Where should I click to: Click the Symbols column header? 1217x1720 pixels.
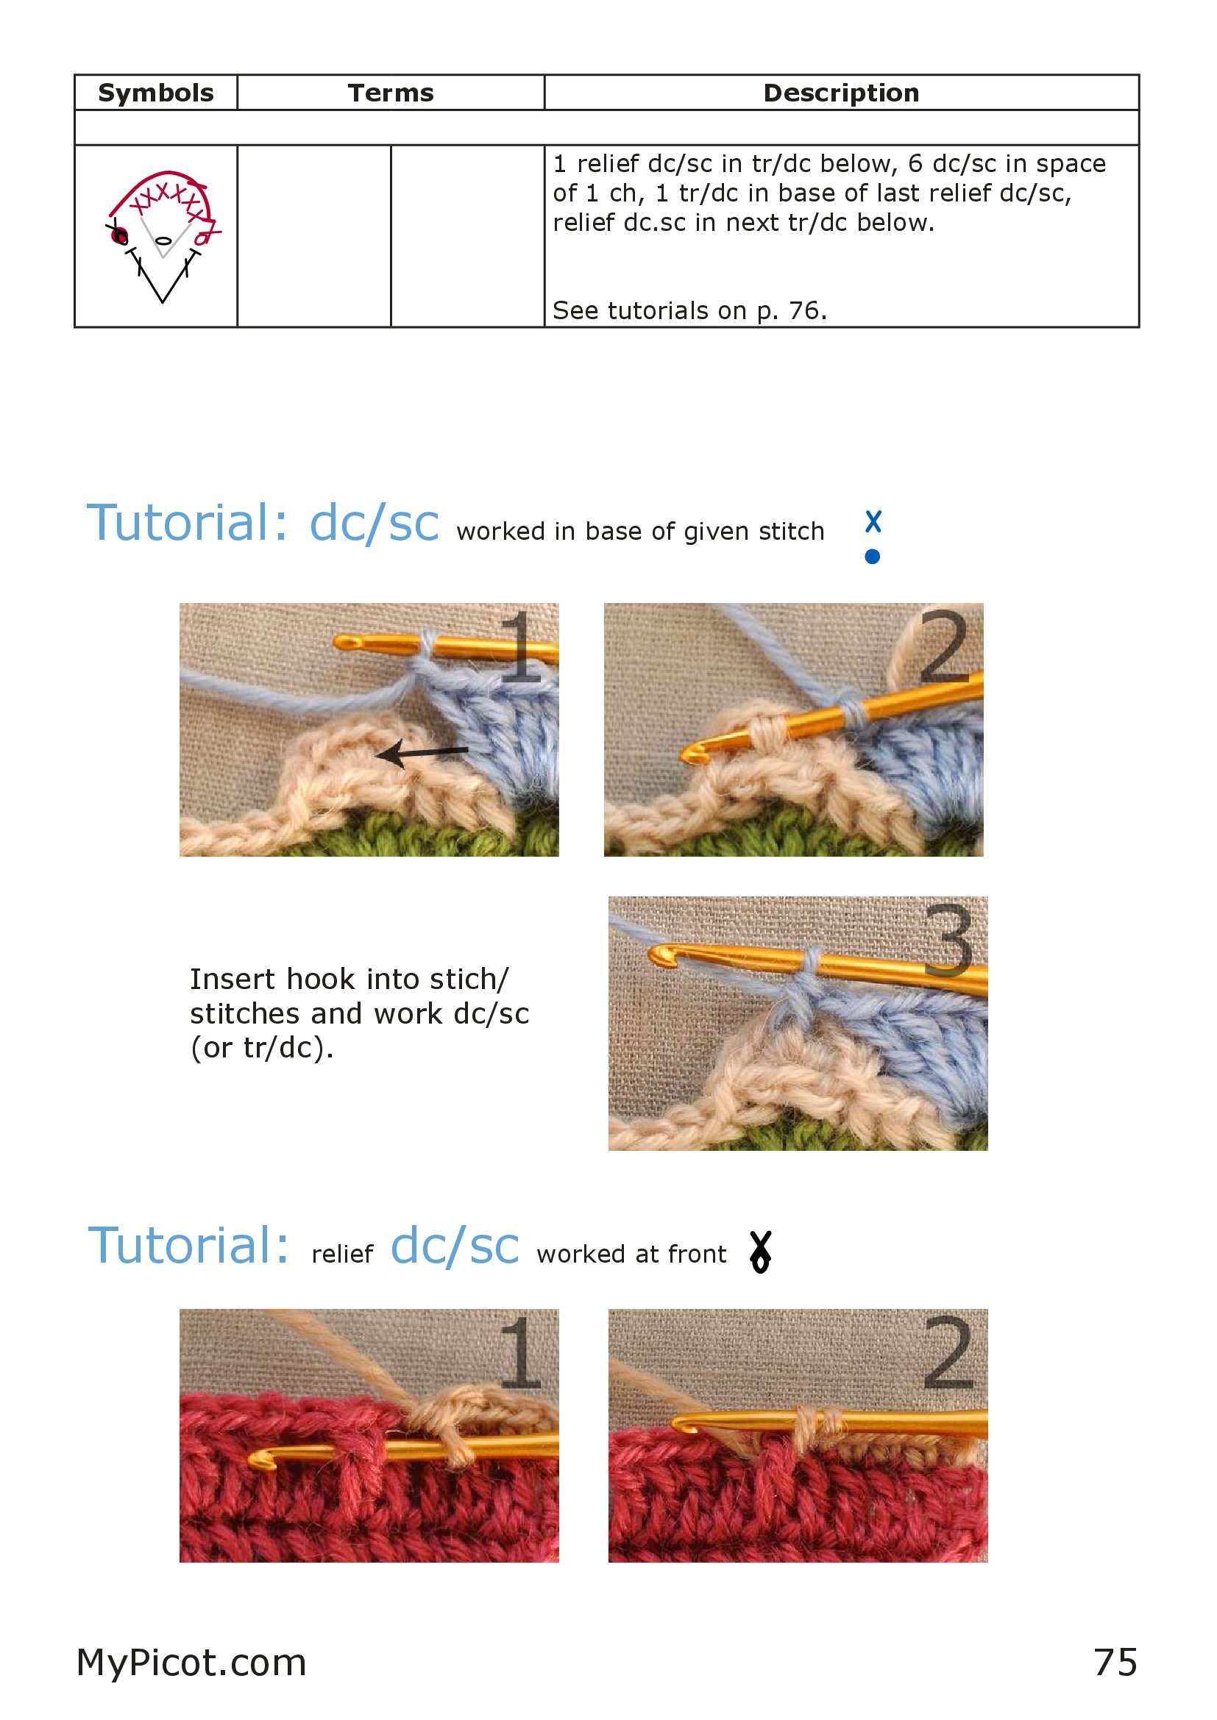[156, 93]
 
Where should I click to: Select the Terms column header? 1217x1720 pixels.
[391, 93]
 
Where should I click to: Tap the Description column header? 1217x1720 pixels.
[841, 93]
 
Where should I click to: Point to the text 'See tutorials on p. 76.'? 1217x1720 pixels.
[689, 310]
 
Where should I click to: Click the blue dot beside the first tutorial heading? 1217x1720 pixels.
[873, 557]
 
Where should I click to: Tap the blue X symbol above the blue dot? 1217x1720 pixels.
[873, 521]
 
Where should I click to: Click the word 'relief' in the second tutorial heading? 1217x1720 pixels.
[342, 1254]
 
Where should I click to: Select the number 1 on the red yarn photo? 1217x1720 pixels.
[519, 1352]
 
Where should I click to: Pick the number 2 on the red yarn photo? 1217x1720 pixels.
[948, 1352]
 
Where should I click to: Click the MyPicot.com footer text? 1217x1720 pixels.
[192, 1663]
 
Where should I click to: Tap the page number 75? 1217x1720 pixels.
[1116, 1663]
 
